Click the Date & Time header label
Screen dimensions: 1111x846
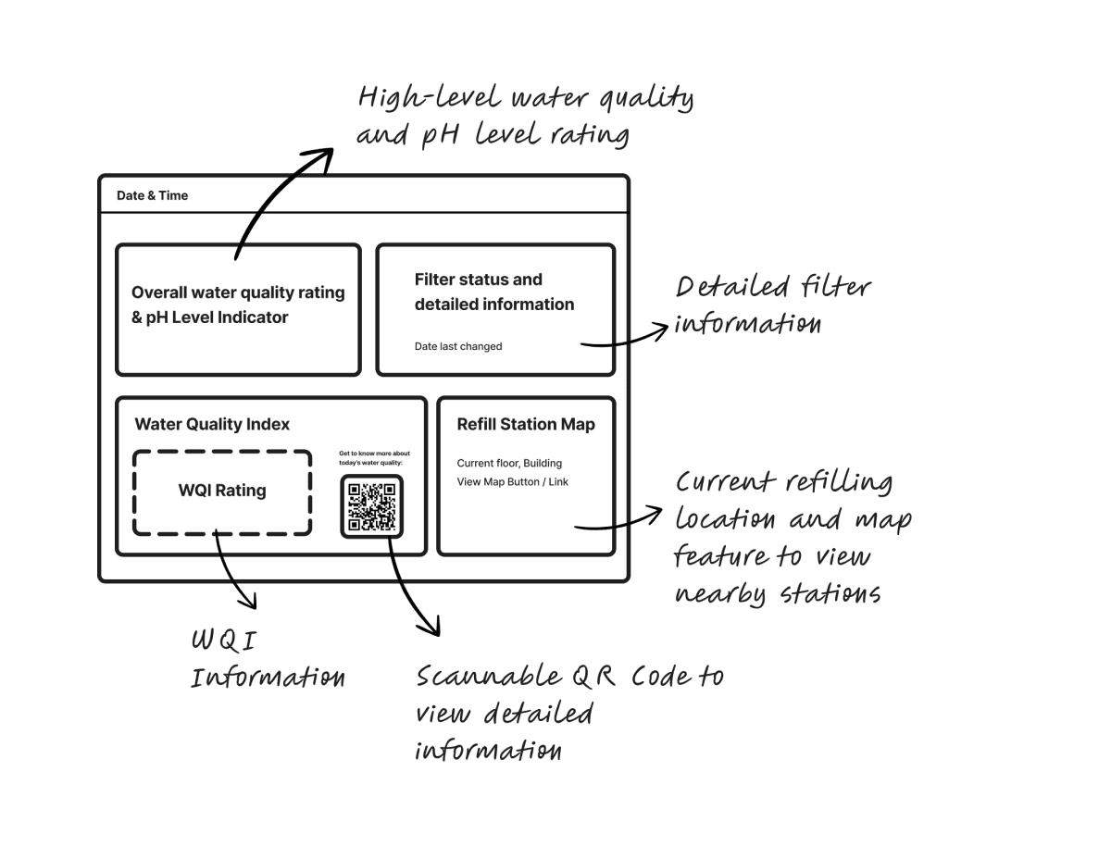(152, 195)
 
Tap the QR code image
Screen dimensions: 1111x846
(371, 506)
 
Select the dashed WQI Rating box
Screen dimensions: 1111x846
(222, 492)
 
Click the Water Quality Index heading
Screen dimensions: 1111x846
(212, 424)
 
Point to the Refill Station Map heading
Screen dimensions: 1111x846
(526, 424)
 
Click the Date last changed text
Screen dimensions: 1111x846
(458, 346)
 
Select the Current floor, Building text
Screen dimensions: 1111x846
(509, 463)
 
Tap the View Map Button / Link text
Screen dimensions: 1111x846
(512, 481)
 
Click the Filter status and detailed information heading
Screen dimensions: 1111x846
(494, 292)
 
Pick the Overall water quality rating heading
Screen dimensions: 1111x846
(238, 305)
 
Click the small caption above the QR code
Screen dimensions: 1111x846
(374, 458)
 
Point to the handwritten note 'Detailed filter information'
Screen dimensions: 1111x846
(773, 305)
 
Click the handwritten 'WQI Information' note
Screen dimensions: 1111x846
(268, 658)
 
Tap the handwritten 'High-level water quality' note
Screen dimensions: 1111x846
(525, 117)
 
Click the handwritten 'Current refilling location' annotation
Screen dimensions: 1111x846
(793, 538)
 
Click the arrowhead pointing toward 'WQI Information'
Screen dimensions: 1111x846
(250, 601)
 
